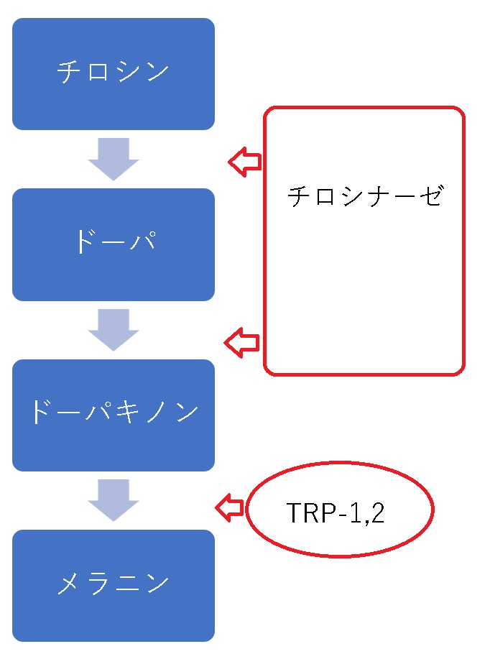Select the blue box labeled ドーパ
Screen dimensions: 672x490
[114, 244]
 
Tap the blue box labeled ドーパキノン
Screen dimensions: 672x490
[114, 415]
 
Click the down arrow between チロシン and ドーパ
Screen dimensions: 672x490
[114, 159]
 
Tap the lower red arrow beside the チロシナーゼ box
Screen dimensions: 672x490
[242, 343]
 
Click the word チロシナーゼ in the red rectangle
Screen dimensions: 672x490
[364, 196]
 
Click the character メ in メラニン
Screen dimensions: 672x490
[70, 584]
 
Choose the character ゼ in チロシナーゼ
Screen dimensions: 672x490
[428, 196]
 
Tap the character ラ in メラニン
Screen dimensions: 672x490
[99, 584]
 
